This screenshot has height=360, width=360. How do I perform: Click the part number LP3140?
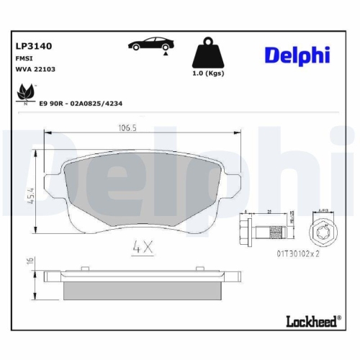[x=35, y=45]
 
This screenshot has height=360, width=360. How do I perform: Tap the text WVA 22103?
[x=35, y=69]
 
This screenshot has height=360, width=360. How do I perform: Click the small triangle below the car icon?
[x=166, y=53]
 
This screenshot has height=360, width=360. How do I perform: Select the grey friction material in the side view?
[x=142, y=290]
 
